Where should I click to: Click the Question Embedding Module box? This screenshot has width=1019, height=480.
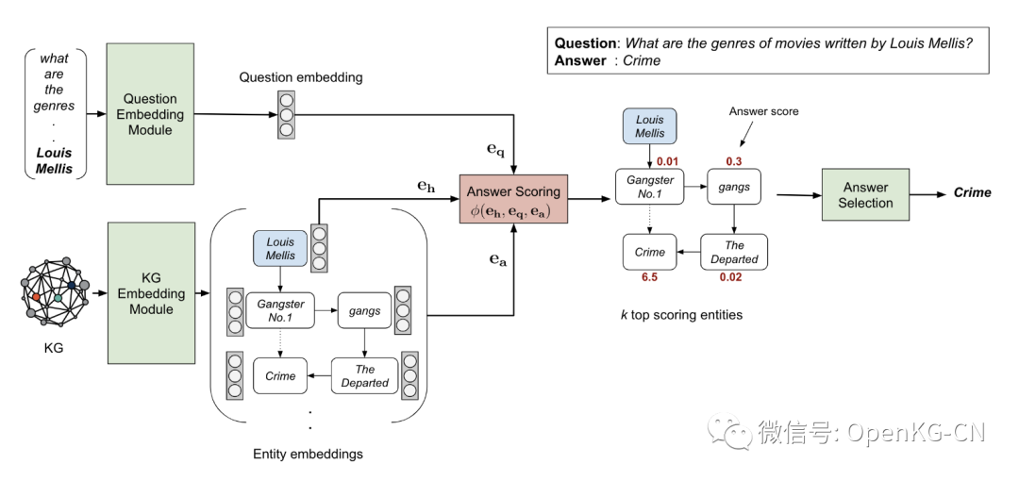coord(150,114)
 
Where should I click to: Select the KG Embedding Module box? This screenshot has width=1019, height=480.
coord(150,293)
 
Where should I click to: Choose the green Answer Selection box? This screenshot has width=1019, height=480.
coord(865,195)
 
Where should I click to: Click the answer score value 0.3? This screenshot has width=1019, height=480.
coord(734,160)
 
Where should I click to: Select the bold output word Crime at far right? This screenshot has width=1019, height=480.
coord(972,192)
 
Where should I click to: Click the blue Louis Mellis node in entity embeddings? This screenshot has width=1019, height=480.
coord(280,248)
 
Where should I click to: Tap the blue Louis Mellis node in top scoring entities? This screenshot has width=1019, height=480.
coord(650,127)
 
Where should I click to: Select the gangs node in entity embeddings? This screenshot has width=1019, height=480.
coord(364,310)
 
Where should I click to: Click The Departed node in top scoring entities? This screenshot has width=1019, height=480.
coord(734,252)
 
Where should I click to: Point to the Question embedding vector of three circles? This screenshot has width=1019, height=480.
coord(286,114)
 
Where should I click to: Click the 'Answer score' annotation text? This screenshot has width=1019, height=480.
coord(763,111)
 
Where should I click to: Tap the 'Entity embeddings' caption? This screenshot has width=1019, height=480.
coord(308,455)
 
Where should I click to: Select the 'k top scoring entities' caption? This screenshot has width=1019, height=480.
coord(680,315)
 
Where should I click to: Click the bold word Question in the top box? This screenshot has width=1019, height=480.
coord(585,43)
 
